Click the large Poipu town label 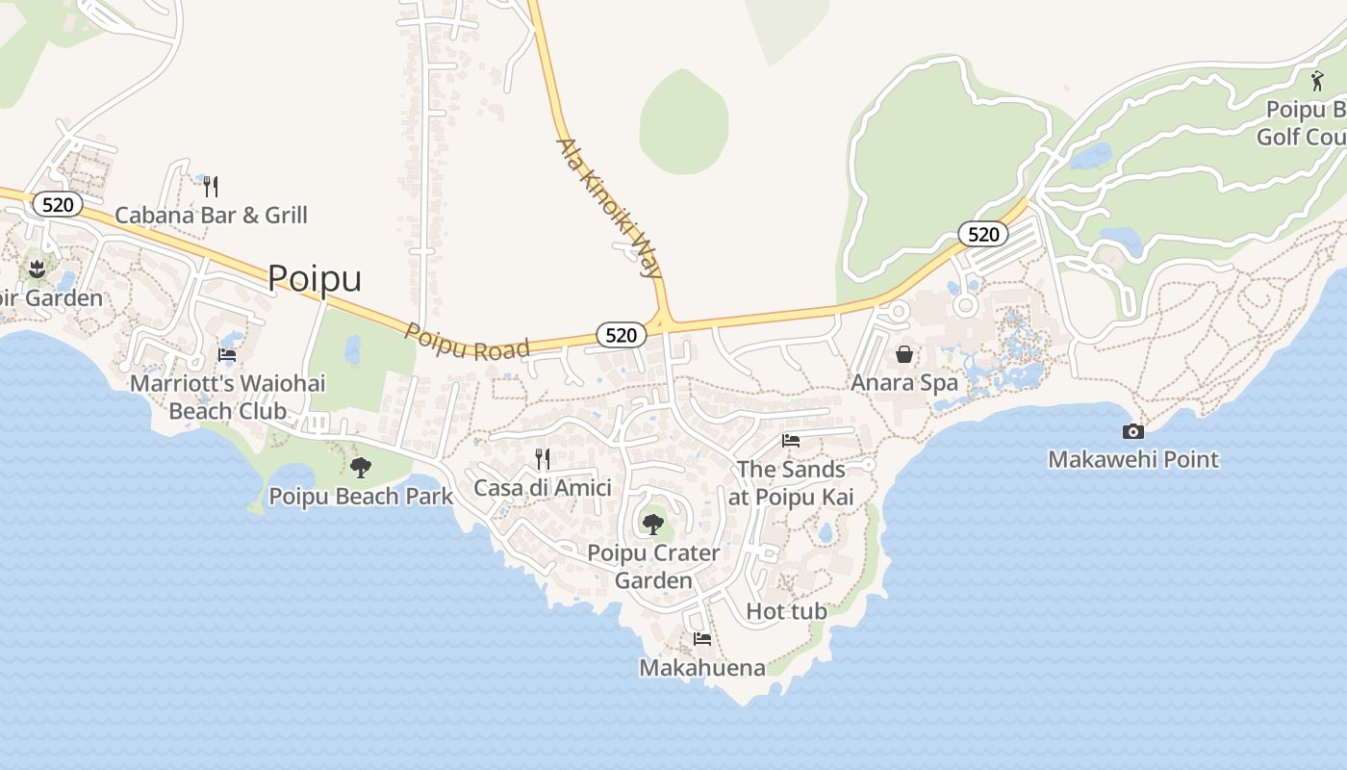[315, 278]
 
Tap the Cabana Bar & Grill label [211, 215]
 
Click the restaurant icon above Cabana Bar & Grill [211, 186]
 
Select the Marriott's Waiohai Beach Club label [227, 397]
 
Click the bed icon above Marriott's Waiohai [227, 354]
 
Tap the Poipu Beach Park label [361, 497]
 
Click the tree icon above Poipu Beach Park [361, 468]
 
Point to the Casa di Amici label [543, 487]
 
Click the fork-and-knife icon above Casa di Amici [543, 458]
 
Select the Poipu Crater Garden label [653, 567]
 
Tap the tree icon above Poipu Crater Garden [653, 525]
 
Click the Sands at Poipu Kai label [791, 483]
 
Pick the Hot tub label [786, 611]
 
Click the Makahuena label [702, 668]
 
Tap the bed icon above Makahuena [702, 638]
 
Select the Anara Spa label [904, 382]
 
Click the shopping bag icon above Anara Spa [904, 354]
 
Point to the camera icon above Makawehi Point [1133, 431]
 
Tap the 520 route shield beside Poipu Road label [622, 335]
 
